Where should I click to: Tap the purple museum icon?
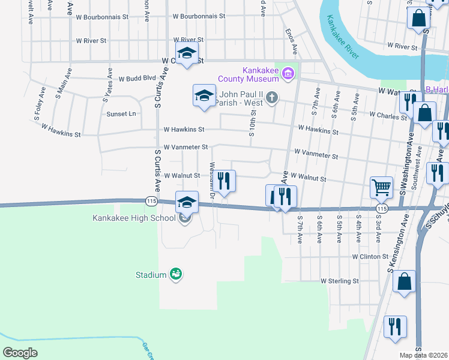click(x=289, y=74)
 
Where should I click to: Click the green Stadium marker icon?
click(x=176, y=275)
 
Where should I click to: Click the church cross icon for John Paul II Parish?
click(x=272, y=97)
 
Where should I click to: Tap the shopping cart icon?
click(x=381, y=188)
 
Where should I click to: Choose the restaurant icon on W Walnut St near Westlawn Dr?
click(x=224, y=181)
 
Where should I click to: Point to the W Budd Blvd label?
click(x=137, y=78)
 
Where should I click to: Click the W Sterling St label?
click(x=339, y=280)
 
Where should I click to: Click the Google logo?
click(x=20, y=353)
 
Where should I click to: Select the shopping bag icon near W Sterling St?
click(x=405, y=281)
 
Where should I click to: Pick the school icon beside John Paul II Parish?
click(x=204, y=95)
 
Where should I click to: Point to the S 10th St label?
click(x=252, y=125)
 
